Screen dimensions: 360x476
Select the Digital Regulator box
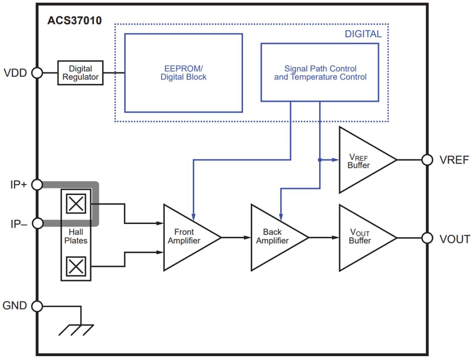pyautogui.click(x=80, y=73)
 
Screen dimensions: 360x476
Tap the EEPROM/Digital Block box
pyautogui.click(x=183, y=73)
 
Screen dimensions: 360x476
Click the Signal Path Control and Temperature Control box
pyautogui.click(x=320, y=73)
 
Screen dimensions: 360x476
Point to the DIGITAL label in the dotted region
pyautogui.click(x=363, y=34)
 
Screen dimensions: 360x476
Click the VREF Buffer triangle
pyautogui.click(x=362, y=160)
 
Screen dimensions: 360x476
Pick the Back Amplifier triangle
pyautogui.click(x=275, y=237)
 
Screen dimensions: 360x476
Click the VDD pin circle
pyautogui.click(x=37, y=73)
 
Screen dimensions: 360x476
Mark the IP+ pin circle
pyautogui.click(x=37, y=185)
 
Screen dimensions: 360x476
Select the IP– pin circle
pyautogui.click(x=37, y=223)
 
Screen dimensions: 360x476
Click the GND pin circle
pyautogui.click(x=37, y=306)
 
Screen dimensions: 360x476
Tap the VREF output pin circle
pyautogui.click(x=427, y=160)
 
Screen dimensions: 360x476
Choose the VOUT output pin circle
pyautogui.click(x=427, y=238)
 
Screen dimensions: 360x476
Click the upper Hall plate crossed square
pyautogui.click(x=76, y=203)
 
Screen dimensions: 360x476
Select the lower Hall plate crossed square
pyautogui.click(x=76, y=266)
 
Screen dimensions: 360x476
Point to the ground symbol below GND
pyautogui.click(x=77, y=329)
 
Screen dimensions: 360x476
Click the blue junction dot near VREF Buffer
pyautogui.click(x=320, y=160)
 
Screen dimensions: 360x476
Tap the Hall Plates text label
pyautogui.click(x=76, y=236)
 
